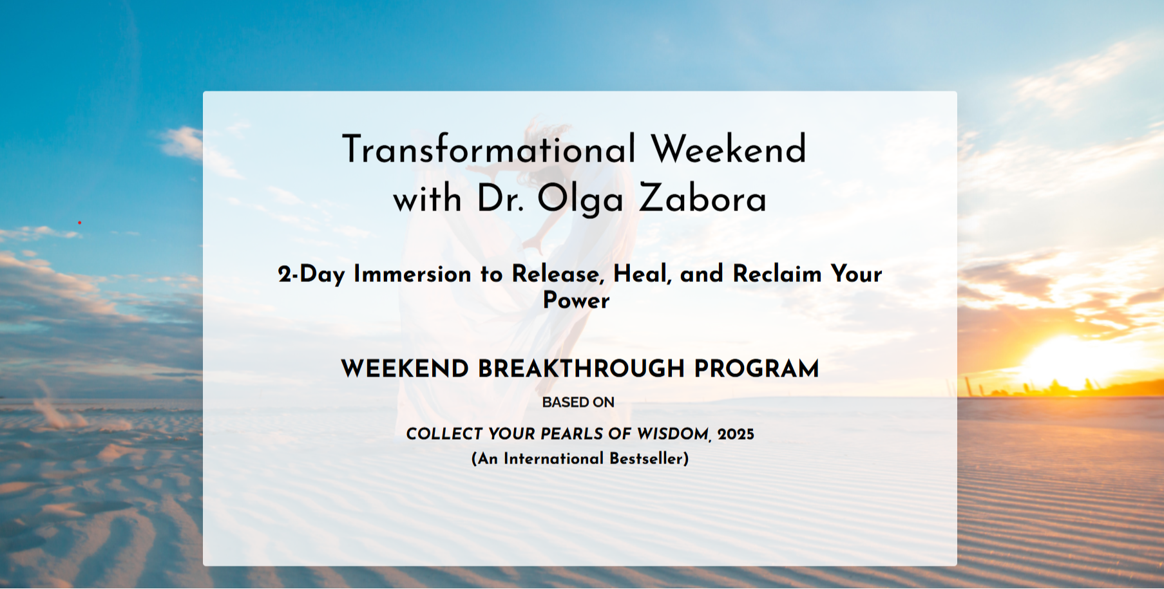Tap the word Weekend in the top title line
click(x=729, y=149)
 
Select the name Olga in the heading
click(x=580, y=200)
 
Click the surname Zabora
click(x=703, y=198)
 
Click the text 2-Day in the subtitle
click(x=312, y=274)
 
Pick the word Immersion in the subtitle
click(x=412, y=274)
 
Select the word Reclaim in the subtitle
click(x=777, y=274)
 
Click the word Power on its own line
click(x=576, y=301)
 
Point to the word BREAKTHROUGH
click(x=580, y=369)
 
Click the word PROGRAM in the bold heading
click(x=756, y=369)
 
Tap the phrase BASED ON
click(x=578, y=402)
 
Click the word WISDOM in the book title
click(x=674, y=434)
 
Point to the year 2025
click(x=736, y=434)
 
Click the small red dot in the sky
click(x=79, y=223)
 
